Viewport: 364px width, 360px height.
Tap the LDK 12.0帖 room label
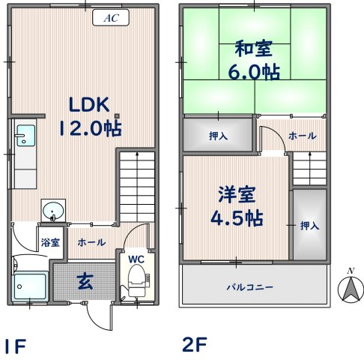[x=90, y=115]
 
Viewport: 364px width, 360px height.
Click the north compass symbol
[x=349, y=286]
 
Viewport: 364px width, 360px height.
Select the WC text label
[x=136, y=259]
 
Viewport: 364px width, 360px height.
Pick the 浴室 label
[x=50, y=243]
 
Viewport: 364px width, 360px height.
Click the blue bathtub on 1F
[x=31, y=286]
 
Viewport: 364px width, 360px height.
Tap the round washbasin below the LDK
[x=52, y=211]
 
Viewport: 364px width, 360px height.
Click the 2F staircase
[x=309, y=166]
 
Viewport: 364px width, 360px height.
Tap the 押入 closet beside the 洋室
[x=308, y=224]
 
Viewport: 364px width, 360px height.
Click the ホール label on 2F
[x=302, y=136]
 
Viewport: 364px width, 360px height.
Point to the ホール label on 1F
[x=91, y=243]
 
